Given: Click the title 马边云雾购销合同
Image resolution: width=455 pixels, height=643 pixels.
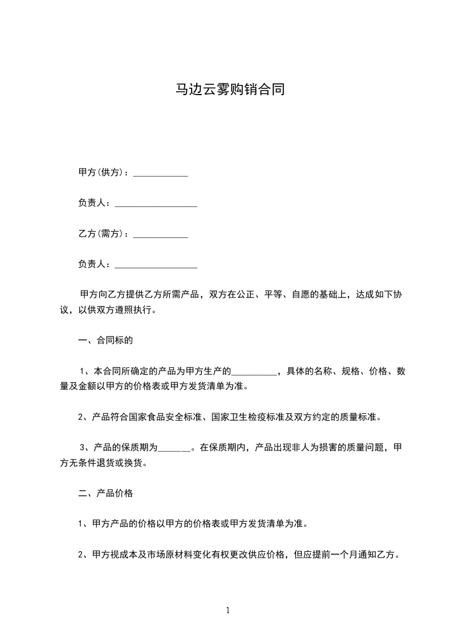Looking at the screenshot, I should pos(230,91).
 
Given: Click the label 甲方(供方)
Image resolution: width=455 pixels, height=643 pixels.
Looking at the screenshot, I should pos(102,172).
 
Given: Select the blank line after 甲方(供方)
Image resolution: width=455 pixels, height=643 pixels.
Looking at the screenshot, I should pos(161,174).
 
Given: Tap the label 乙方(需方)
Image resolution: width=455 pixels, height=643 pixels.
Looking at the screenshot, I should pos(102,234).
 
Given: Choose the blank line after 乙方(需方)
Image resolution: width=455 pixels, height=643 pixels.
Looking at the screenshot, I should pos(161,236).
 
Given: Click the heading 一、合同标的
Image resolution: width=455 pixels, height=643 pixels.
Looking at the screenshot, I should pos(106,340).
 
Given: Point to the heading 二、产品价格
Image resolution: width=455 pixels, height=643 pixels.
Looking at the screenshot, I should pos(106,493).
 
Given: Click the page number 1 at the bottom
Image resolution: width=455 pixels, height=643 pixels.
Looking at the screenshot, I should pos(228,610).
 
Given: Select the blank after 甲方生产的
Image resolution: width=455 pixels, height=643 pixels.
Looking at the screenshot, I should pos(254,373).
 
